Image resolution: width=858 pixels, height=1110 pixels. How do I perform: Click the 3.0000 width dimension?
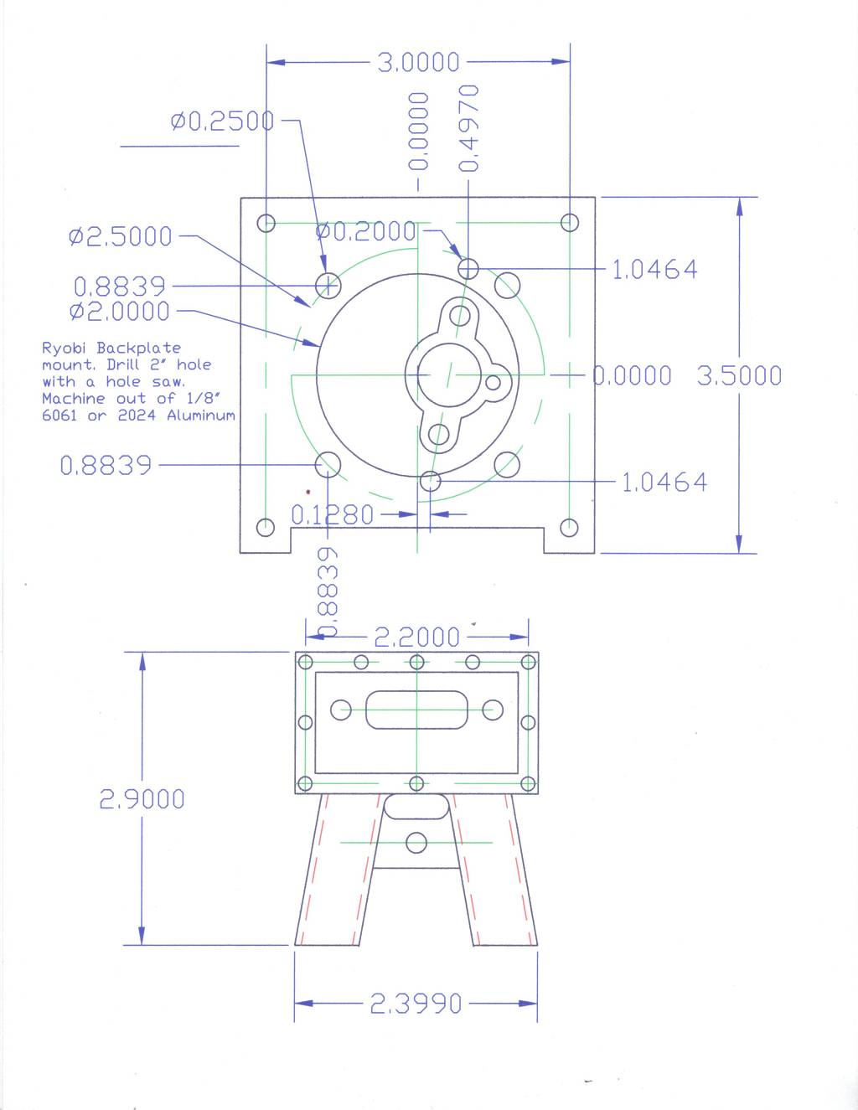click(418, 62)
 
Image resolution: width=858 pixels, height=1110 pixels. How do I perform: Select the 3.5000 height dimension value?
click(739, 375)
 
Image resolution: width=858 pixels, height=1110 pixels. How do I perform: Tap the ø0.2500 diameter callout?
click(222, 121)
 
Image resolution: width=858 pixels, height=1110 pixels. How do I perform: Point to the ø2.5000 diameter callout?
click(121, 236)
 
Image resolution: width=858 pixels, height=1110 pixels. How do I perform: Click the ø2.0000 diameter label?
click(120, 311)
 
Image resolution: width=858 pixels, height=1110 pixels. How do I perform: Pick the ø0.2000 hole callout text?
click(365, 232)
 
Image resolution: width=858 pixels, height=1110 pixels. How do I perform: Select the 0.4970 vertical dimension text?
click(469, 128)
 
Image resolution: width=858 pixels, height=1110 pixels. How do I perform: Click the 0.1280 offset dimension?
click(332, 515)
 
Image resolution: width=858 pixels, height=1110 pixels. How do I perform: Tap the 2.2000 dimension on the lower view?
click(416, 637)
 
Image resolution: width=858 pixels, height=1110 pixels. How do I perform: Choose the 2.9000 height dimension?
click(142, 799)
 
